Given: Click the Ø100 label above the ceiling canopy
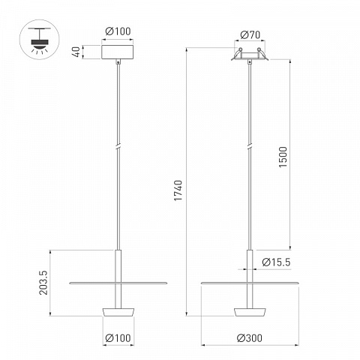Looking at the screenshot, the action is (x=118, y=31).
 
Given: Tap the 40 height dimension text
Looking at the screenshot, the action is (x=77, y=52).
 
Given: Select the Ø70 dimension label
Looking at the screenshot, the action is (x=250, y=35).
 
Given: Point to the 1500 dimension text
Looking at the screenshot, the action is (x=283, y=157).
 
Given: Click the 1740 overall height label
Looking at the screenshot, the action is (x=178, y=190).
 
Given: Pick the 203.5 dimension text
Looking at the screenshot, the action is (x=43, y=283).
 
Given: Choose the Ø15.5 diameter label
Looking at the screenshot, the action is (x=276, y=262).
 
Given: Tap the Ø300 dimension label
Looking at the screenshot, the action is (x=250, y=338).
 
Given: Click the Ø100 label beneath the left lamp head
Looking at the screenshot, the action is (x=118, y=338).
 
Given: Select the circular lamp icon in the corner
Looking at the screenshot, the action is (x=40, y=40).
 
